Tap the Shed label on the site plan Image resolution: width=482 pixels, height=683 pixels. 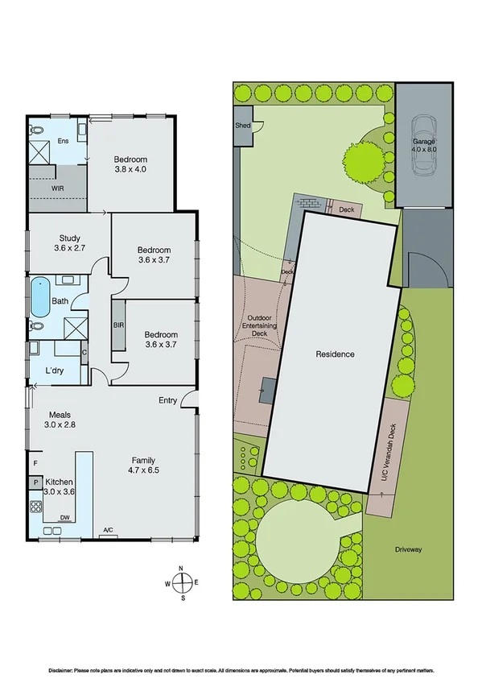tap(242, 126)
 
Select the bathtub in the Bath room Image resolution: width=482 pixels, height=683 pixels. tap(39, 297)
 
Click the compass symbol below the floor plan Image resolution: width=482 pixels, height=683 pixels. tap(182, 583)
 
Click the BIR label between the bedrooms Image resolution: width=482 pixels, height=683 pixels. tap(118, 325)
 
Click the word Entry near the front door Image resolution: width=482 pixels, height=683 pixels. tap(167, 400)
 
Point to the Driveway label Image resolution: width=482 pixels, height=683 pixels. tap(409, 550)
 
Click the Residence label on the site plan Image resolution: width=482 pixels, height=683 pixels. tap(335, 354)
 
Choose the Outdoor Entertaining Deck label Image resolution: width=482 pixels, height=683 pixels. tap(258, 325)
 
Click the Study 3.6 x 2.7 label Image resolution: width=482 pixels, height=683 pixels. tap(69, 242)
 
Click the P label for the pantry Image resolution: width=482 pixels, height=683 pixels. tap(35, 482)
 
